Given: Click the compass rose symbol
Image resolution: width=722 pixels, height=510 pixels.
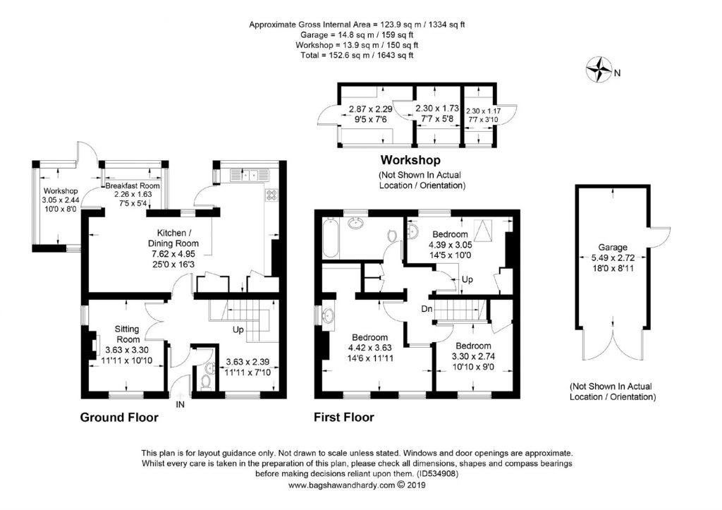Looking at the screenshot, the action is click(x=598, y=70).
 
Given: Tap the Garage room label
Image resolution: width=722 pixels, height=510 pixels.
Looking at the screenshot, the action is click(x=613, y=248).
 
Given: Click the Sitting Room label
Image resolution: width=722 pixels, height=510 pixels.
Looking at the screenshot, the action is click(x=127, y=334).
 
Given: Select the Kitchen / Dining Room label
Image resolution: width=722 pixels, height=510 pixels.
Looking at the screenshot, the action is click(x=173, y=238).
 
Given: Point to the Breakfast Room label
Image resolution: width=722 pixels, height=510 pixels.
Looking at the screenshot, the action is click(x=133, y=186).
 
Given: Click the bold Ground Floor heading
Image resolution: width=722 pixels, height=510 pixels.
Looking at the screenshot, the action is click(x=119, y=418).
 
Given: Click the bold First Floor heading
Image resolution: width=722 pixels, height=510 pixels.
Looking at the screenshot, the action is click(x=344, y=418).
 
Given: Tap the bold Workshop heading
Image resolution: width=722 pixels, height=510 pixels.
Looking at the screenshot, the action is click(x=410, y=160).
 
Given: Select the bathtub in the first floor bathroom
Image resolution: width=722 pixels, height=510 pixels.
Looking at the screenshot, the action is click(x=330, y=238).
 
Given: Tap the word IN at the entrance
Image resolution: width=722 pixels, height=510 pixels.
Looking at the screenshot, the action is click(x=180, y=404).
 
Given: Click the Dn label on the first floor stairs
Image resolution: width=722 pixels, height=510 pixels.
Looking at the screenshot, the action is click(x=427, y=309).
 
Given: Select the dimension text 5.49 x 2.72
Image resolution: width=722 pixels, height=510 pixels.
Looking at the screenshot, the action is click(x=613, y=257).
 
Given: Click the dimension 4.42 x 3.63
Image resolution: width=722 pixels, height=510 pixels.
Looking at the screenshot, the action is click(x=369, y=347).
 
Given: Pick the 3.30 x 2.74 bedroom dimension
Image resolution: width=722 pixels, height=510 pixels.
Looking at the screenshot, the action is click(x=473, y=356).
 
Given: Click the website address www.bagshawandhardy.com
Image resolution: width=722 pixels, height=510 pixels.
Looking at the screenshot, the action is click(x=341, y=485).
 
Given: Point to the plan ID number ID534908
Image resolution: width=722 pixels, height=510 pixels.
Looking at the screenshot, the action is click(x=437, y=473).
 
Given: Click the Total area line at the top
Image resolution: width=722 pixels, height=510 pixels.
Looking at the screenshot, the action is click(x=357, y=55).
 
